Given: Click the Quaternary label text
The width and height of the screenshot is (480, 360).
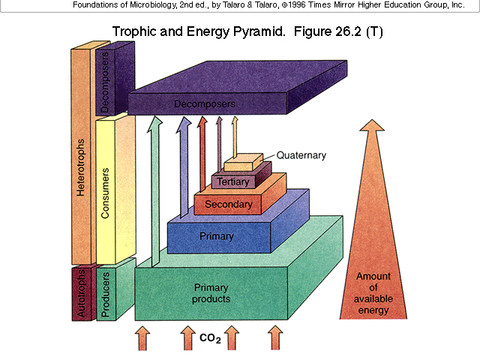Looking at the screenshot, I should click(301, 155).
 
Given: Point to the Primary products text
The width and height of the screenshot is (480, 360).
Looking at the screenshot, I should click(211, 293).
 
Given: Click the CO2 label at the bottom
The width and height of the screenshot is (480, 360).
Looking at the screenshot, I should click(210, 339).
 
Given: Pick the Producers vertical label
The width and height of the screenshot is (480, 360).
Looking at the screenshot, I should click(106, 293).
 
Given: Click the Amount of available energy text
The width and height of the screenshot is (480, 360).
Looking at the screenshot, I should click(373, 293).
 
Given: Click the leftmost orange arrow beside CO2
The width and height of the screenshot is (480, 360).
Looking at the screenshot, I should click(142, 338).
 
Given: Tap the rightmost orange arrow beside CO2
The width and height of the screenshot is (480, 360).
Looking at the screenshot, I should click(276, 338).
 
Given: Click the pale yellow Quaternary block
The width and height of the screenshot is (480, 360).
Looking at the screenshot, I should click(242, 165).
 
